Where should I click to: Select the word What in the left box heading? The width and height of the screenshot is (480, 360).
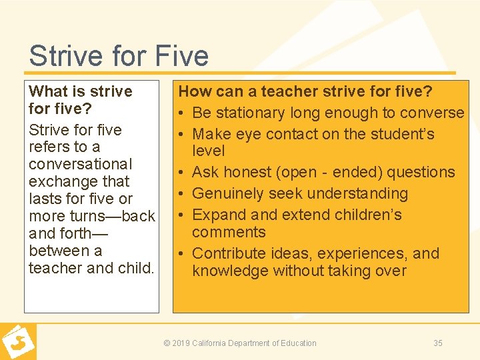[x=48, y=91]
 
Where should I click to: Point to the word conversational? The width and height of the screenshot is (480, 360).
[x=81, y=164]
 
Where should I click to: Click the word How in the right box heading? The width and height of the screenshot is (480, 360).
[x=195, y=91]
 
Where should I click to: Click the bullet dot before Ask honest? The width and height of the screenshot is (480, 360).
[x=183, y=173]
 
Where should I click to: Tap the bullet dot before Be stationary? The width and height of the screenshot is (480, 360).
[x=183, y=113]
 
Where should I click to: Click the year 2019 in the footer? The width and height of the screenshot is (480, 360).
[x=180, y=343]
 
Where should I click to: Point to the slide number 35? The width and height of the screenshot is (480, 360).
[x=438, y=343]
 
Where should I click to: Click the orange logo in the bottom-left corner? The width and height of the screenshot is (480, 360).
[x=17, y=341]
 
